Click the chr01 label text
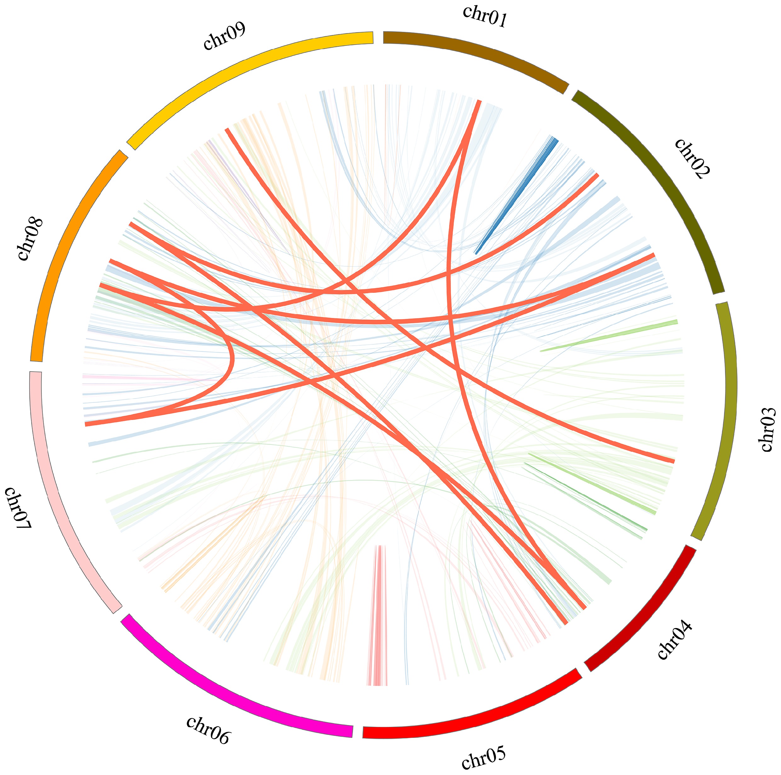(484, 17)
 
